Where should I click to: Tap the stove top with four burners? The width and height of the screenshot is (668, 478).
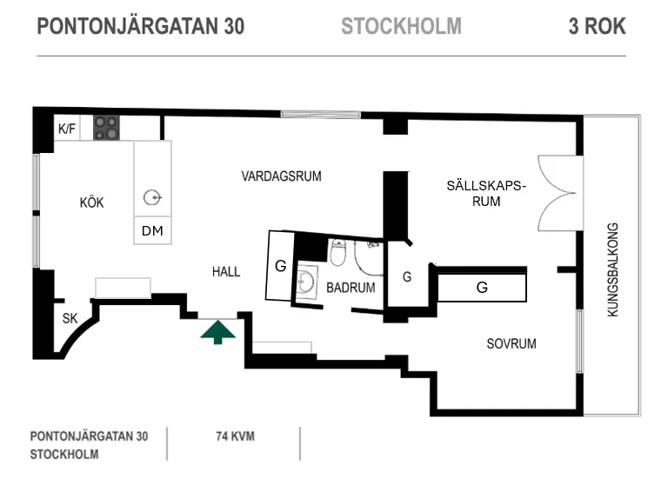coord(106,128)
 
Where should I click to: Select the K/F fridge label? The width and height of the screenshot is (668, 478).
coord(67,129)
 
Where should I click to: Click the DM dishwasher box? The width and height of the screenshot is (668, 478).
coord(152,230)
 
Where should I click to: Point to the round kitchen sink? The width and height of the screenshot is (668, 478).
coord(152,198)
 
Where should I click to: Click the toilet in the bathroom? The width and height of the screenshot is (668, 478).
coord(337,252)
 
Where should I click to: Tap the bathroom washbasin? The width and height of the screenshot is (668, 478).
coord(306,282)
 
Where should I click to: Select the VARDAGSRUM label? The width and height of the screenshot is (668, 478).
coord(281,176)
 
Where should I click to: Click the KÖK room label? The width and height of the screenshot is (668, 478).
coord(91,202)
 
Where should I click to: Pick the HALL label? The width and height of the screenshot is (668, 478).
coord(226,271)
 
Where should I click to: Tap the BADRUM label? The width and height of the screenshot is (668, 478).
coord(351,288)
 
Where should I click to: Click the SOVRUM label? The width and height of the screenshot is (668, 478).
coord(511,343)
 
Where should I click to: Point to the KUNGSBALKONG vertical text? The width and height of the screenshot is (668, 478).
coord(612,270)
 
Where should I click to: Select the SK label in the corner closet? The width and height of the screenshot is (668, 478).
coord(70,318)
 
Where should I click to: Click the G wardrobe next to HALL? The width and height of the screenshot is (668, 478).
coord(280,266)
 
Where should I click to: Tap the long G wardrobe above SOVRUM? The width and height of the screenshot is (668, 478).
coord(482,288)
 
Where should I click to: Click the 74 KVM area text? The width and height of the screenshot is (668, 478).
coord(235,436)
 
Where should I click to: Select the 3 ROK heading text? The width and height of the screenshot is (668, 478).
coord(598,26)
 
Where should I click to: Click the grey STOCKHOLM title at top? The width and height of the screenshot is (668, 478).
coord(401,26)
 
